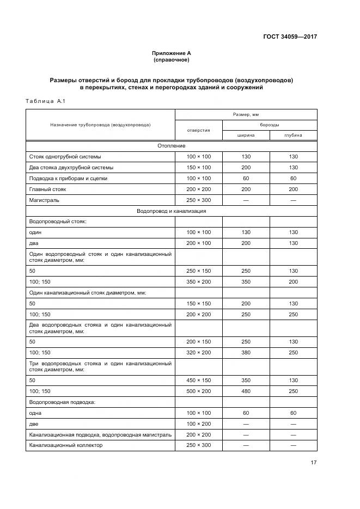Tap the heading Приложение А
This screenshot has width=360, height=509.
172,53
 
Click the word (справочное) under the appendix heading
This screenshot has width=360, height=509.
172,60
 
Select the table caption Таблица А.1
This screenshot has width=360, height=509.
45,101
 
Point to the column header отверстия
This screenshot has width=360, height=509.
198,130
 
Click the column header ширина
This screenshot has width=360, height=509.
246,136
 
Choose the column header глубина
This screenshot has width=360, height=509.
293,136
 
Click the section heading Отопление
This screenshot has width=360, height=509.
172,146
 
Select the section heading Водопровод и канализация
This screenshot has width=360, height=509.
172,211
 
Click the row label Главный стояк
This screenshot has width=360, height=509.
47,189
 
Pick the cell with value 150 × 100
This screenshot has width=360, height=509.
198,167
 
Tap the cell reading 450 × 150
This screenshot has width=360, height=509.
198,381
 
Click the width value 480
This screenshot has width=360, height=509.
246,391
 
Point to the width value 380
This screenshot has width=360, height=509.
246,352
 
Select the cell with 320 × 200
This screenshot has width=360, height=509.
198,352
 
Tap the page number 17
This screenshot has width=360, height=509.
313,463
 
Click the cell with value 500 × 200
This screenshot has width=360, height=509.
198,391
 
